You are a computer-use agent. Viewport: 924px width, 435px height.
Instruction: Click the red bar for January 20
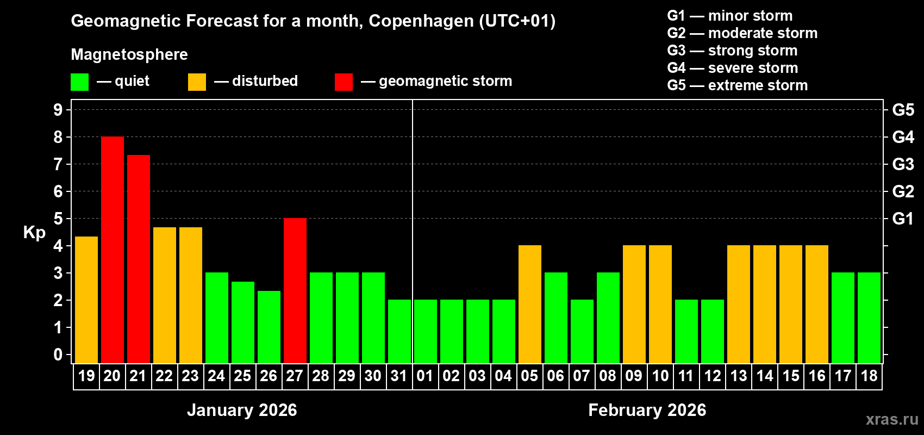point(113,250)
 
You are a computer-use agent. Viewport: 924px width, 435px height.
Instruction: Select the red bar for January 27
point(295,290)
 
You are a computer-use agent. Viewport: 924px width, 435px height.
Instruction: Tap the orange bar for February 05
point(530,304)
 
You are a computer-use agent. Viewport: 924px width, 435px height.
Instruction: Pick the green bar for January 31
point(399,331)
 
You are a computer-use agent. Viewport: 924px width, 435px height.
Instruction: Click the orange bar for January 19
point(86,300)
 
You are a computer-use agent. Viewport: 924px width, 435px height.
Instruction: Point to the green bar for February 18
point(869,318)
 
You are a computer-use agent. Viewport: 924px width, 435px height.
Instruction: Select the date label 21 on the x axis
point(138,376)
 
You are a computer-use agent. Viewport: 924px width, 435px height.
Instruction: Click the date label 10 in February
point(660,376)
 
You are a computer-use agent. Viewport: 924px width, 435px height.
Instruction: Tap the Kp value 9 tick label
point(58,110)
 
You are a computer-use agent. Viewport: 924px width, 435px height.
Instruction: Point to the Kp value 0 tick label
point(58,355)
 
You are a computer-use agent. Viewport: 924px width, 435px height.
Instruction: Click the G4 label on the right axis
point(903,137)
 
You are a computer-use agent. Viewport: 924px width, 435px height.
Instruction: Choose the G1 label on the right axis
point(903,219)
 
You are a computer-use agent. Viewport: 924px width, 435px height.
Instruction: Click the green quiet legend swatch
point(80,82)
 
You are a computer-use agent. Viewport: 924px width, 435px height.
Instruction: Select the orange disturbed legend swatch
point(197,82)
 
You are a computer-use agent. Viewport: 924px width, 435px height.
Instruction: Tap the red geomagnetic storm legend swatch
point(344,82)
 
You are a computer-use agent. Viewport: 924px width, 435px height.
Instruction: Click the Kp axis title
point(34,233)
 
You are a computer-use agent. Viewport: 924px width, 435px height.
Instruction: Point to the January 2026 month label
point(242,410)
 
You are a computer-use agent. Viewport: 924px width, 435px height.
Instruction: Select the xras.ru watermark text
point(892,419)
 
